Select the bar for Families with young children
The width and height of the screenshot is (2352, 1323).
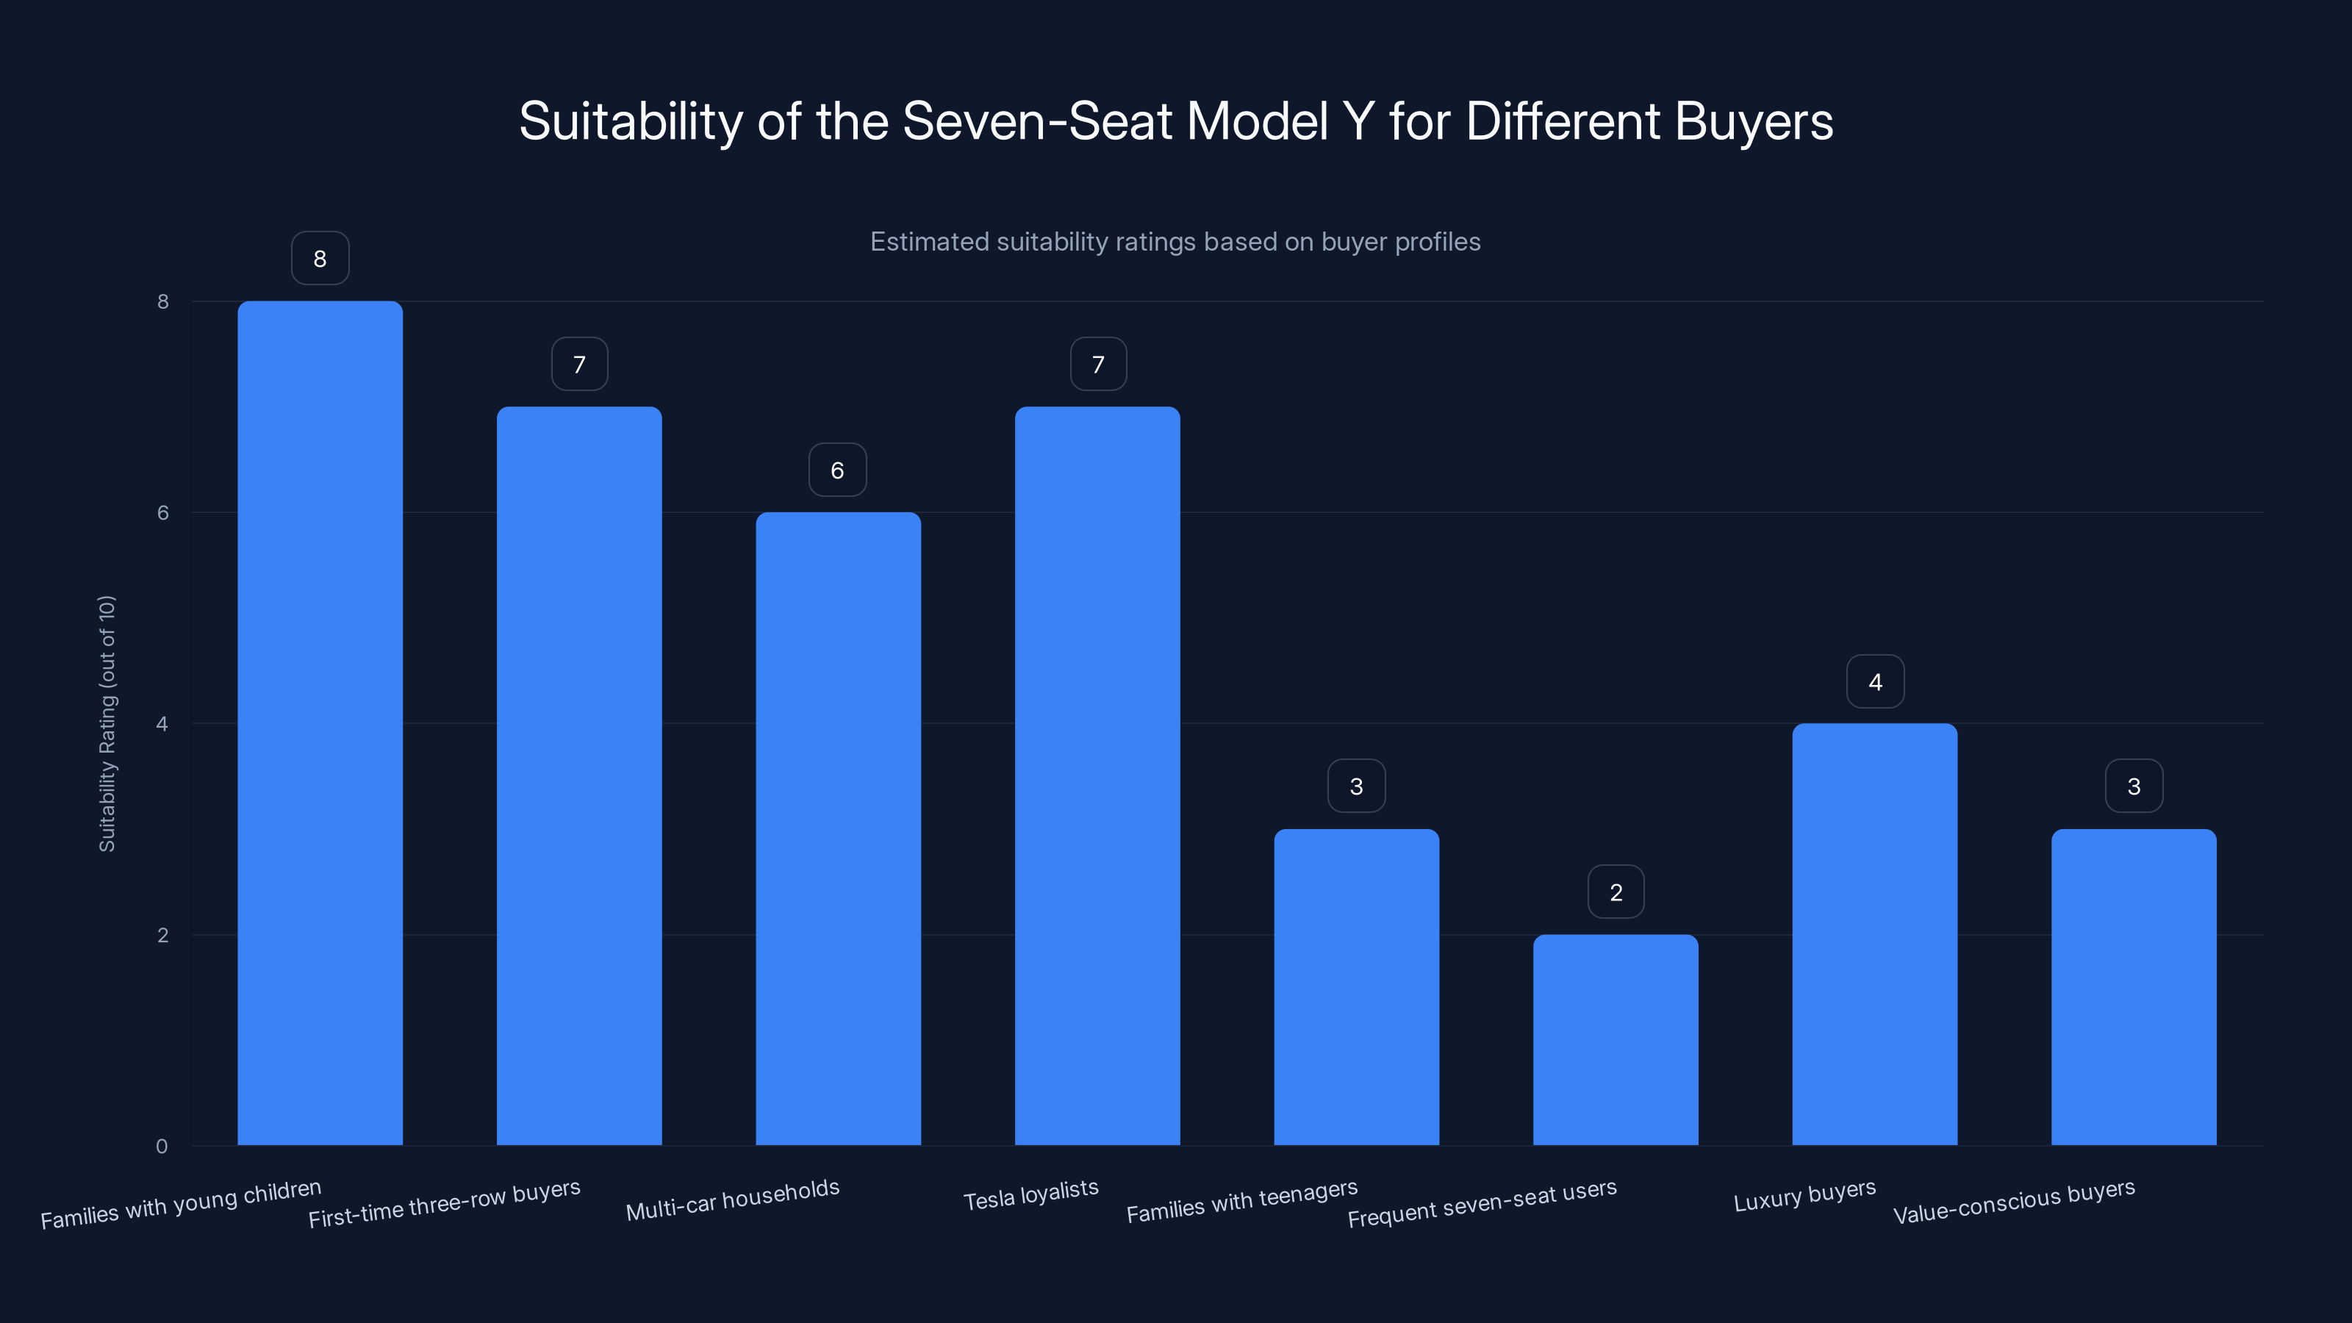[x=320, y=721]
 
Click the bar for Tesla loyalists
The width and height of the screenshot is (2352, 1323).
[x=1097, y=776]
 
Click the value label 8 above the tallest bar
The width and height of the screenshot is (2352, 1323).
[x=320, y=259]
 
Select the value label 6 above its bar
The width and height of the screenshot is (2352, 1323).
[x=837, y=470]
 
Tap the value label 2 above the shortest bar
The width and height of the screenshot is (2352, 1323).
[x=1616, y=892]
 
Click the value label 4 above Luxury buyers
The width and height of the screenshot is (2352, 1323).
[x=1874, y=681]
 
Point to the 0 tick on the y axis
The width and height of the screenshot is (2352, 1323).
[x=162, y=1146]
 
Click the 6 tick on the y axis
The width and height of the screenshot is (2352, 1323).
[x=162, y=512]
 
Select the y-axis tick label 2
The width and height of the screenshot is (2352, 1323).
[x=162, y=935]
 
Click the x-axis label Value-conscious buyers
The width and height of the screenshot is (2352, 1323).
[x=2013, y=1201]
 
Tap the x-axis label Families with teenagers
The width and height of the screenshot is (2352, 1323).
[x=1241, y=1201]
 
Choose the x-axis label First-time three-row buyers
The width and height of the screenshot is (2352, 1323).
[x=444, y=1202]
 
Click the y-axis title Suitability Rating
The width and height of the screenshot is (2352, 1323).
[x=107, y=723]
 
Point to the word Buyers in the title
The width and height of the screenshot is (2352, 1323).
[x=1753, y=121]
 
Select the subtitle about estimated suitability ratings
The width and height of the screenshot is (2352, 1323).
[x=1175, y=242]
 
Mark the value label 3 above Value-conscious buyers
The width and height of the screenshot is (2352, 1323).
[x=2133, y=786]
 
